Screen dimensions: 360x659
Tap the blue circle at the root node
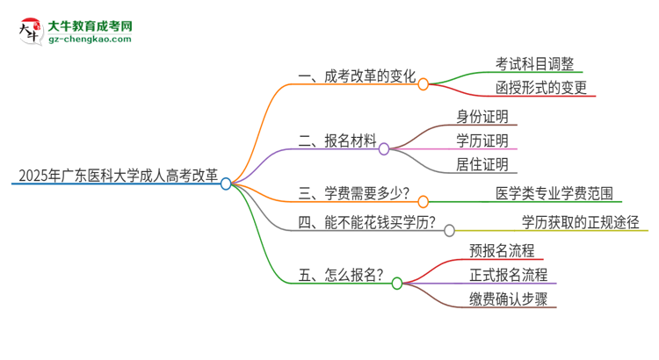[226, 184]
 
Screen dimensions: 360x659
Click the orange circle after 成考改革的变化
[423, 84]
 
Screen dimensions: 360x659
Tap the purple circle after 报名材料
[384, 149]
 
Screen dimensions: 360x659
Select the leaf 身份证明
[482, 116]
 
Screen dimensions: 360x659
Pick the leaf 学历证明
[482, 140]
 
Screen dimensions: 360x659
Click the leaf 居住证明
[482, 163]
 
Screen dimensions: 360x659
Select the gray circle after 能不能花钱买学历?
[449, 231]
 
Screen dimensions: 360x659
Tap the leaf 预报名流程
[502, 251]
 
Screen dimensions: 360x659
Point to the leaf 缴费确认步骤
[509, 299]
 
